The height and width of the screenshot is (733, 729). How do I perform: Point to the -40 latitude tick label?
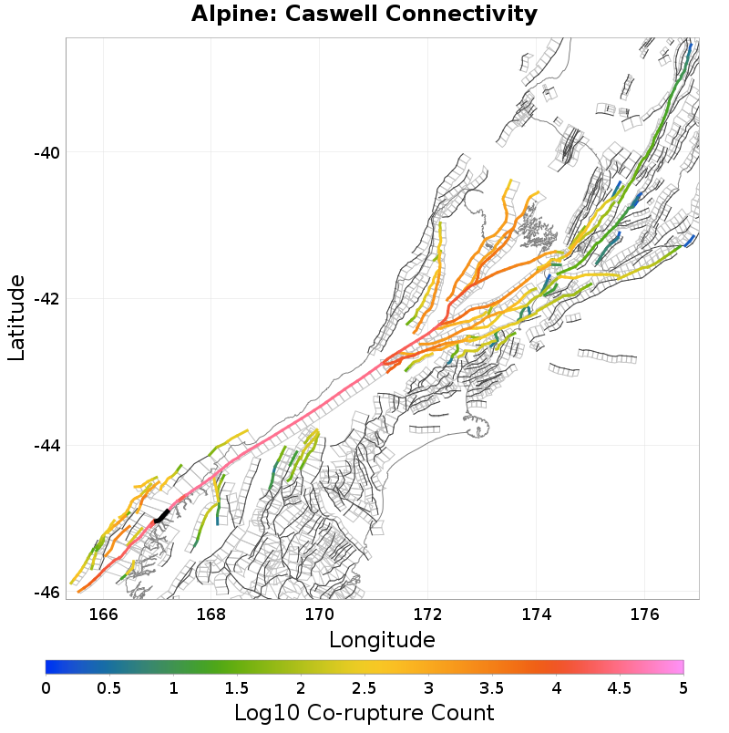point(46,152)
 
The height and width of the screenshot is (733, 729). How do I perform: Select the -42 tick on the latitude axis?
point(46,299)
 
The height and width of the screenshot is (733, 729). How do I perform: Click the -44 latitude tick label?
point(46,446)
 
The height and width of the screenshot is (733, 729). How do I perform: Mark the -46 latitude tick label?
point(46,592)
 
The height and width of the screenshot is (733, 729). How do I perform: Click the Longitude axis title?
point(382,639)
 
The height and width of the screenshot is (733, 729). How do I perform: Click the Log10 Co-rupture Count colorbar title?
point(364,712)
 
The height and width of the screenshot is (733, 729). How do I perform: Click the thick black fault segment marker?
point(161,516)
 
